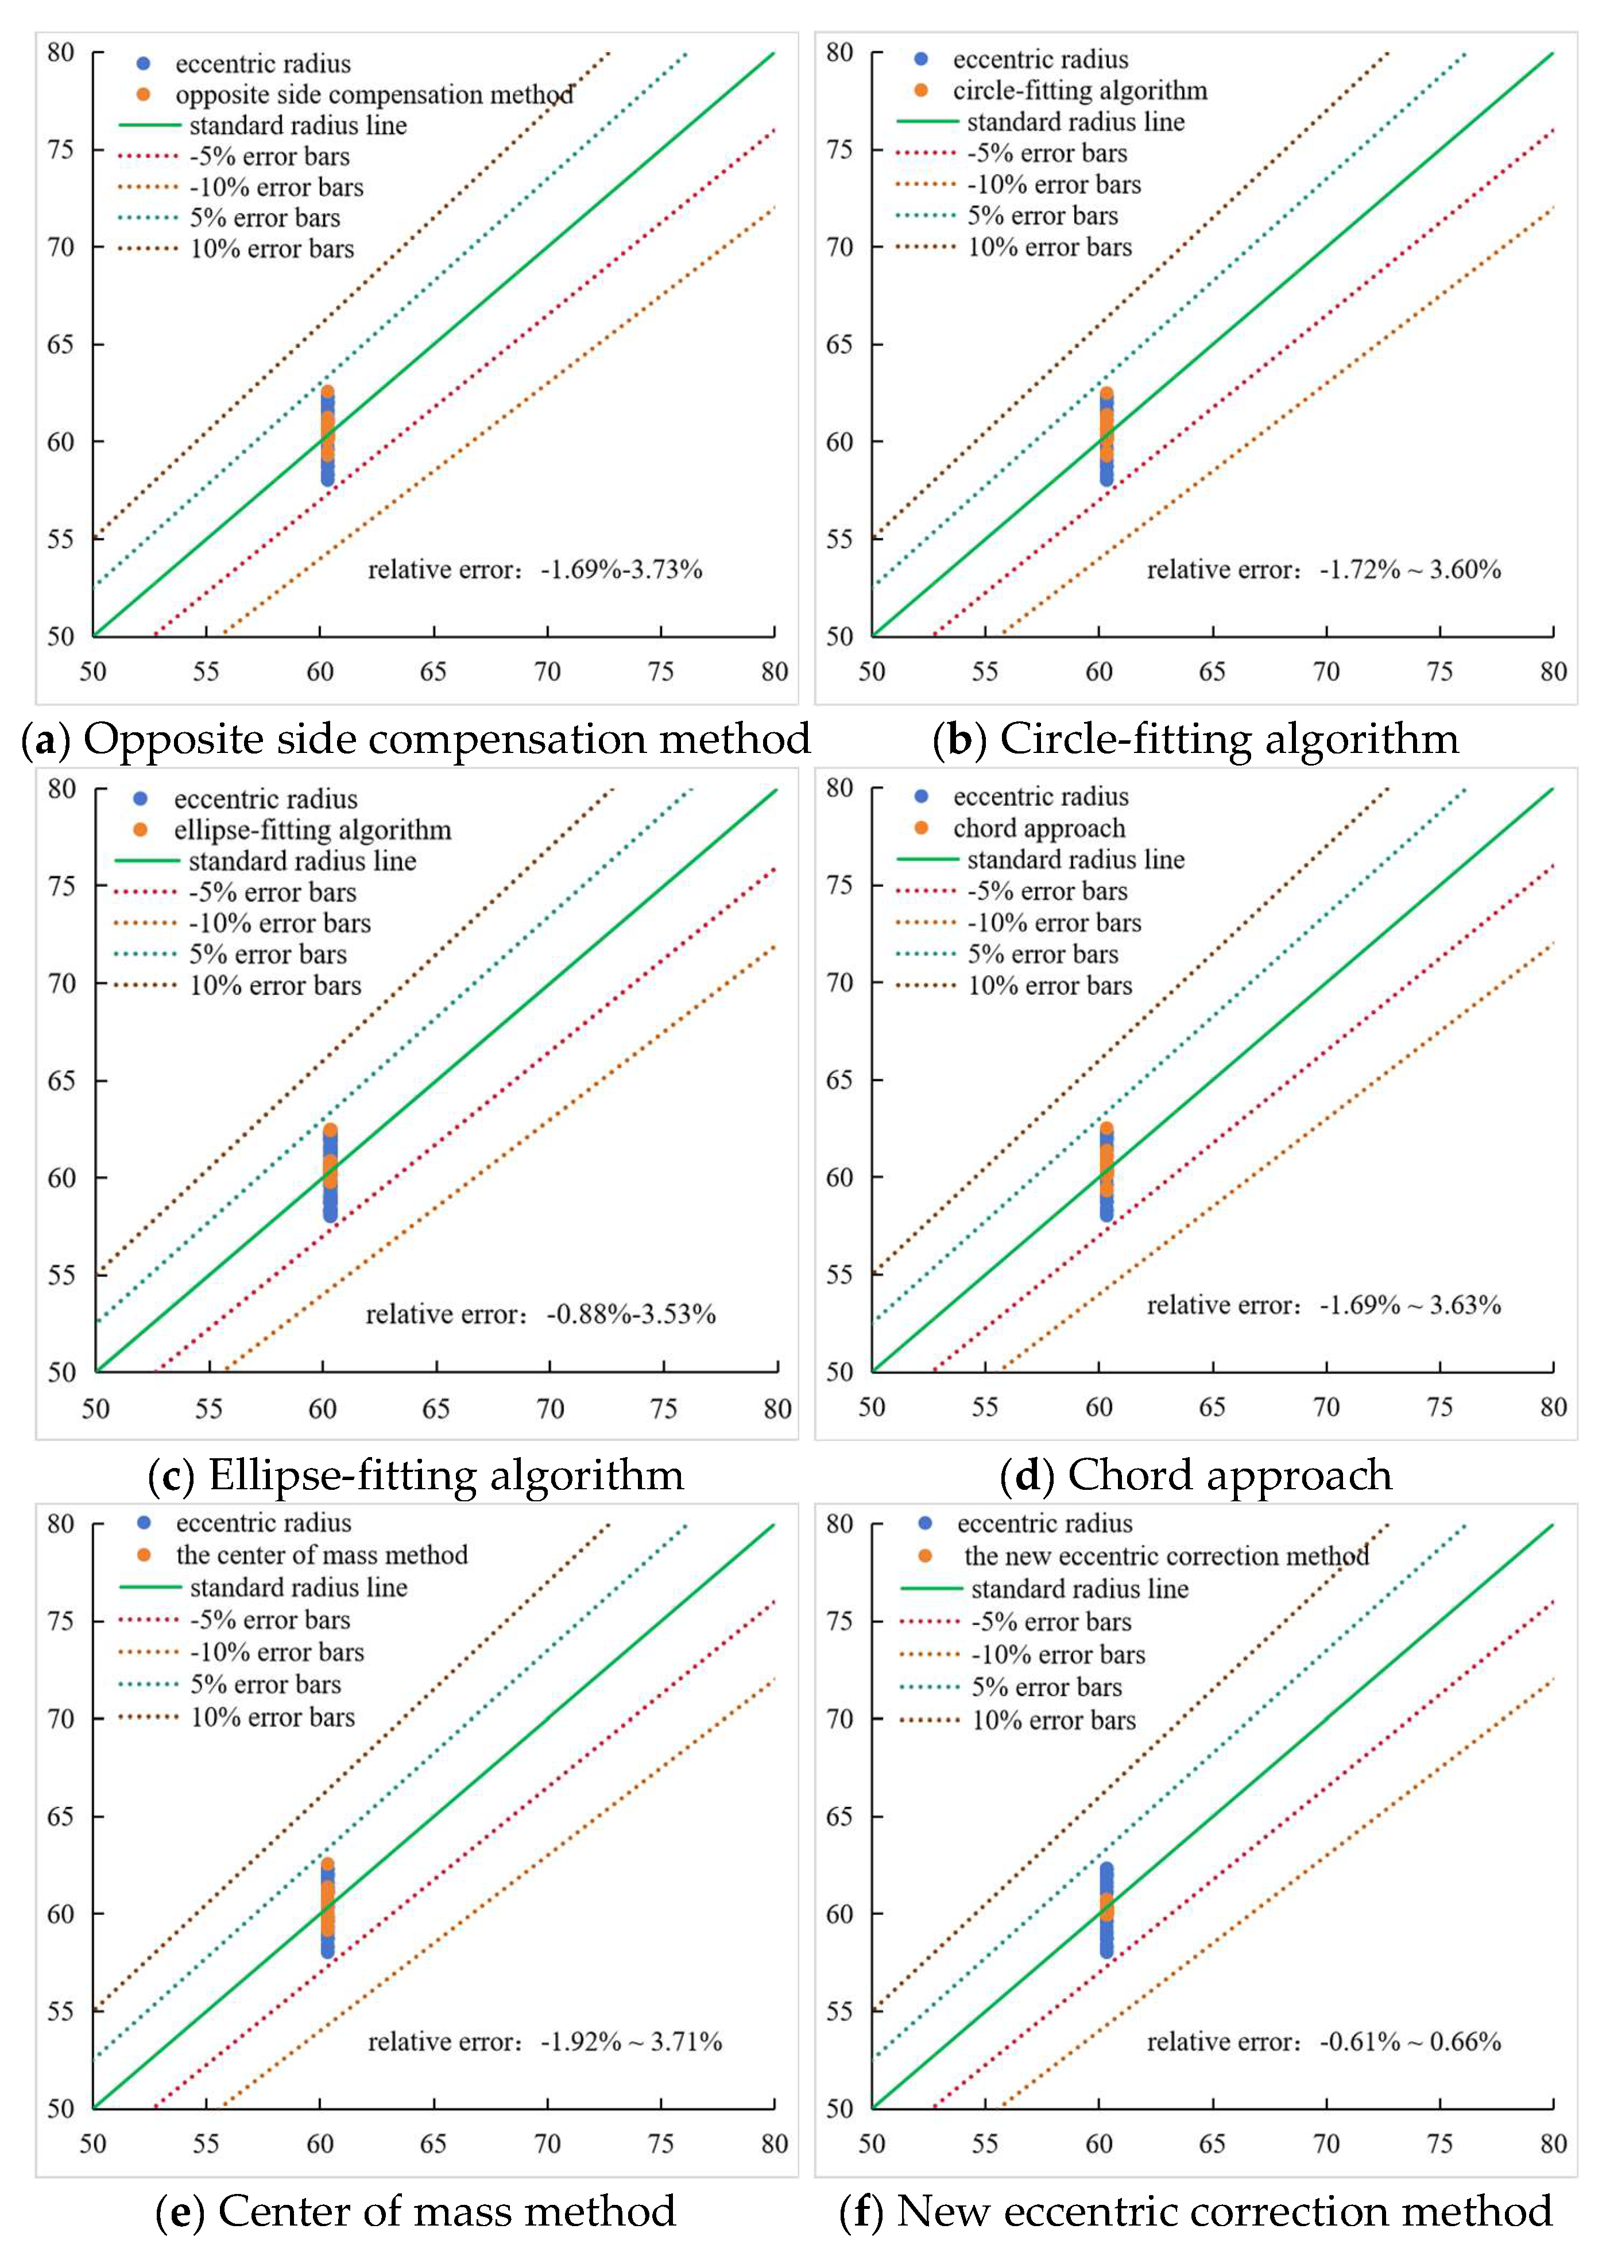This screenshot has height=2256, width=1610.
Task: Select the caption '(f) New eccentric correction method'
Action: click(1195, 2211)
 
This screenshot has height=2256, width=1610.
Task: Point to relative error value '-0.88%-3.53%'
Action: click(630, 1314)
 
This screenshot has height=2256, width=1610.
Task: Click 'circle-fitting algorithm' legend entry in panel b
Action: click(1079, 91)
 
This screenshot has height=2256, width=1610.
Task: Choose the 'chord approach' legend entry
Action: click(1039, 828)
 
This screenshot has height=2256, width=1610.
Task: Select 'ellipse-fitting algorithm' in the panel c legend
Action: click(312, 830)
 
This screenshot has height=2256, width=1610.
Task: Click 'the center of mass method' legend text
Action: click(321, 1554)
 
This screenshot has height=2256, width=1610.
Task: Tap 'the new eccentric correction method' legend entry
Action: click(1166, 1555)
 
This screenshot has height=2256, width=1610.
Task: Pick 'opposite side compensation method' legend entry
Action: click(374, 95)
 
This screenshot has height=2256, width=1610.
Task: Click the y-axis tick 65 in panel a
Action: click(61, 344)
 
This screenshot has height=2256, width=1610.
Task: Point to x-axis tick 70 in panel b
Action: click(1325, 671)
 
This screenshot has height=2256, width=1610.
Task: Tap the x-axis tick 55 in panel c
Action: click(208, 1408)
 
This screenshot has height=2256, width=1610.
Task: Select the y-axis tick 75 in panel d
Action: click(839, 884)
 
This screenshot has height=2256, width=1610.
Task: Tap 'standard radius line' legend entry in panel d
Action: click(1075, 860)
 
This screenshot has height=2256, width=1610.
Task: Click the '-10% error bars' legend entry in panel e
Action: click(277, 1652)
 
